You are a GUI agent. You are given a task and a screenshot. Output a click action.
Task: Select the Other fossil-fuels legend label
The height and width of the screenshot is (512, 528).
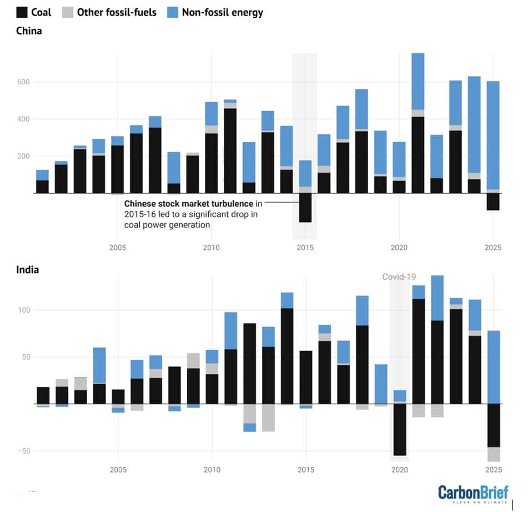(x=117, y=12)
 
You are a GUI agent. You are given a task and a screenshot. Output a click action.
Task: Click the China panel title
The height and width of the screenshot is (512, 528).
(x=29, y=31)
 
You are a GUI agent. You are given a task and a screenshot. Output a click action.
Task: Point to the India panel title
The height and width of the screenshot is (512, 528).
(x=27, y=270)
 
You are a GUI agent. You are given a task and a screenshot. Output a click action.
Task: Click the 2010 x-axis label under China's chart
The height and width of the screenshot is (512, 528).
(x=211, y=247)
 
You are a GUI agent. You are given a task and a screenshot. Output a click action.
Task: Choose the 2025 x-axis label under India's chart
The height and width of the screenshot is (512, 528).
(x=493, y=470)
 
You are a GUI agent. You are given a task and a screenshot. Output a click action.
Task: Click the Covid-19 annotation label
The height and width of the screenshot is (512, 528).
(x=399, y=277)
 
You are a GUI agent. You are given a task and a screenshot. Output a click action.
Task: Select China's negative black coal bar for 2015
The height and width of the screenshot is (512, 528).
(x=305, y=208)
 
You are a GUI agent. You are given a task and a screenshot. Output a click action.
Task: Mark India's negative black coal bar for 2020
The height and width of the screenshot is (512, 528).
(x=399, y=429)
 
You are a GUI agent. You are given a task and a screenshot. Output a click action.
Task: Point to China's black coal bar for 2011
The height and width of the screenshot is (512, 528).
(x=230, y=150)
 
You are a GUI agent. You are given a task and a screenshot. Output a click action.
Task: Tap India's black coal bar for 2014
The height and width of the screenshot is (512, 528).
(x=286, y=356)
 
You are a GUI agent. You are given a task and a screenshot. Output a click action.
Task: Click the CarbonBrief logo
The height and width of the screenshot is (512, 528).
(x=472, y=492)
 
